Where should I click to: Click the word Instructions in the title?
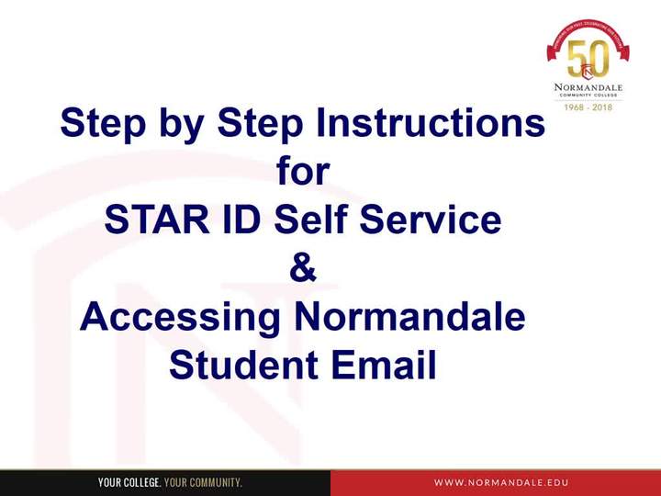tap(431, 123)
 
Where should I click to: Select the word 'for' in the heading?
tap(302, 172)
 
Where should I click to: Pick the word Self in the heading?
tap(313, 220)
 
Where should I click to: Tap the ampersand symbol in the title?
tap(302, 269)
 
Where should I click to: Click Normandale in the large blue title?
tap(409, 318)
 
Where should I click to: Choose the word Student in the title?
tap(236, 366)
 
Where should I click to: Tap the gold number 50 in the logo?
tap(588, 61)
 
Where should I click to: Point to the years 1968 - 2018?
tap(588, 107)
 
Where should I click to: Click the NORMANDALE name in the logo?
tap(588, 88)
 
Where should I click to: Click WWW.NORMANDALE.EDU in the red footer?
tap(501, 482)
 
